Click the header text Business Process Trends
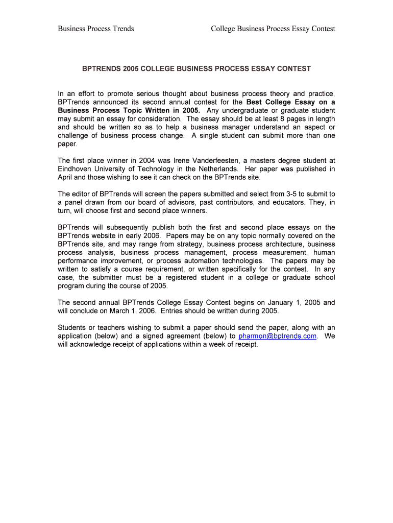96,29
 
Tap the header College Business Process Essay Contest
273,29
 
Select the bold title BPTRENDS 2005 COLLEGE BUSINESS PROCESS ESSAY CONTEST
196,68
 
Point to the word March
117,311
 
